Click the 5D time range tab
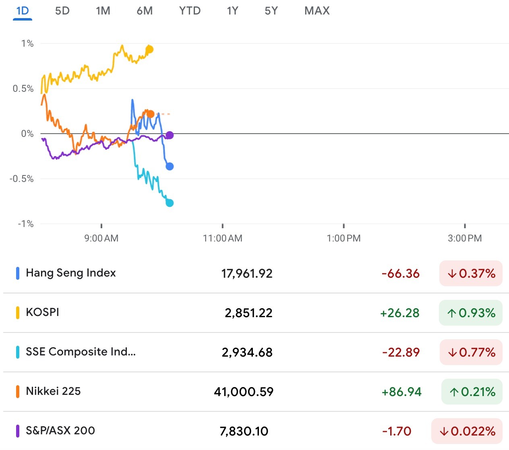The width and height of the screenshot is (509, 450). [62, 11]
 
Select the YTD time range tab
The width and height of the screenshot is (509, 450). [190, 11]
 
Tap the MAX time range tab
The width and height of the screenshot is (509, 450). [317, 11]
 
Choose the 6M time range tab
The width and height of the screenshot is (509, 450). [145, 11]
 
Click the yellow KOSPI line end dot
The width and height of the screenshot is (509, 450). [149, 50]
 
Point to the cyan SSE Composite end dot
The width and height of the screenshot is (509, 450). [170, 203]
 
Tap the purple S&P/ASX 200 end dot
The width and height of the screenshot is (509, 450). [170, 135]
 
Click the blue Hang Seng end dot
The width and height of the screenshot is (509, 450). [170, 166]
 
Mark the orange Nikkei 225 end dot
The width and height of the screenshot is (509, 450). [150, 114]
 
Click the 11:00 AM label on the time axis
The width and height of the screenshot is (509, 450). [223, 238]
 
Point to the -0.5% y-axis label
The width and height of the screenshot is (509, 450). [22, 179]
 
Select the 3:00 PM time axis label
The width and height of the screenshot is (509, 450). [465, 238]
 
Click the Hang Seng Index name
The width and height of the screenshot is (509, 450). [71, 273]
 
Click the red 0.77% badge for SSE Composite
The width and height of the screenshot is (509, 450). [471, 352]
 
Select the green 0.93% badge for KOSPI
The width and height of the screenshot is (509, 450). [471, 313]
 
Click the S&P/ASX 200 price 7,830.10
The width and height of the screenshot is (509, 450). [244, 431]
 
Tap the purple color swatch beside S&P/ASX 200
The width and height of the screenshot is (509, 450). [18, 431]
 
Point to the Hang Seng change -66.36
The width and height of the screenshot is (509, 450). [401, 274]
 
